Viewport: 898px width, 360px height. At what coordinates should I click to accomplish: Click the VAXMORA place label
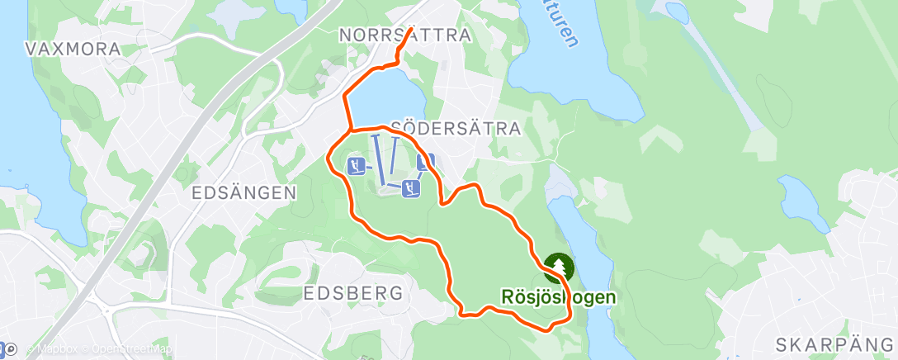point(73,49)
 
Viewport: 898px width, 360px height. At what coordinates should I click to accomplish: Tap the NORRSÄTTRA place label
point(405,36)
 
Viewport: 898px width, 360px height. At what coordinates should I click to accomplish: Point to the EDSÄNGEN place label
point(243,192)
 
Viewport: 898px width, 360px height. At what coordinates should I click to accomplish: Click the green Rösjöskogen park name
point(559,295)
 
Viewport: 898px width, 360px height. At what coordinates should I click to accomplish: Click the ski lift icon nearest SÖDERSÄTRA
point(426,162)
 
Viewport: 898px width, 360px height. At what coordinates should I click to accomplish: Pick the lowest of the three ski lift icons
point(410,189)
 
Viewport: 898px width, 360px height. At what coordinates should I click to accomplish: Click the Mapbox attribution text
point(54,349)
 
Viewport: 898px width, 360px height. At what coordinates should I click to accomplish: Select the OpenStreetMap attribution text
point(125,349)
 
